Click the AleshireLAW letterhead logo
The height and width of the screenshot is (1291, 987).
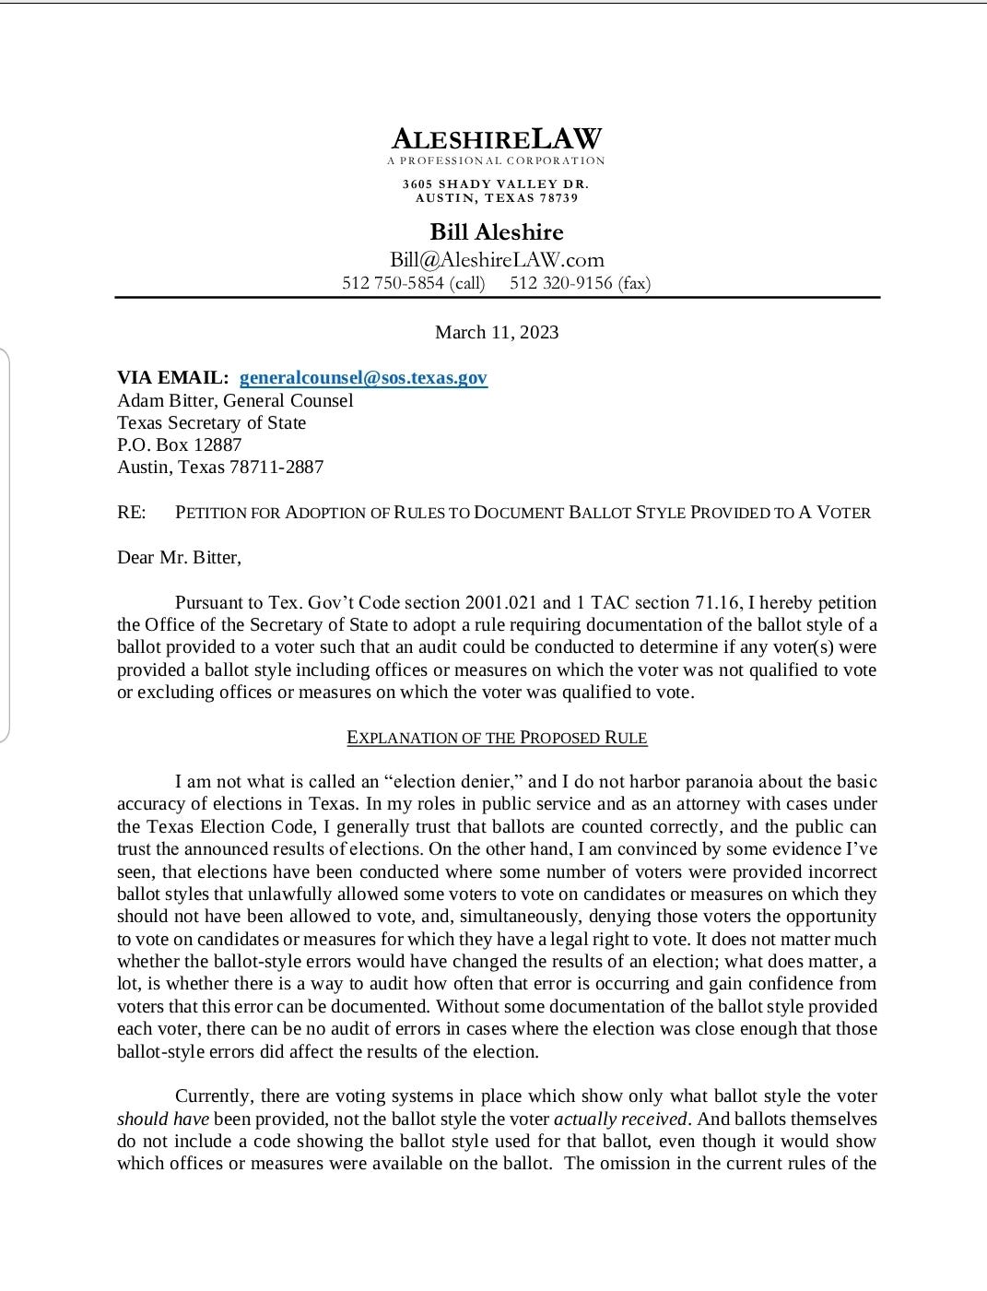496,139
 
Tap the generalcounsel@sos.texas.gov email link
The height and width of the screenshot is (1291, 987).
363,377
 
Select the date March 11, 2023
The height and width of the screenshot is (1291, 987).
497,332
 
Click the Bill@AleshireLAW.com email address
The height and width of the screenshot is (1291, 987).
497,260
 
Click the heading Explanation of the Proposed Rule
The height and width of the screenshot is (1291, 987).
497,738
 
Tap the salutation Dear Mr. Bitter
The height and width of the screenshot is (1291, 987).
179,557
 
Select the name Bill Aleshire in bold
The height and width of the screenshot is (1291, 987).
497,231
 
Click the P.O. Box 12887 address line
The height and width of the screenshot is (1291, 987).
180,444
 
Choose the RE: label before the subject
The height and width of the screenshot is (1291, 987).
132,512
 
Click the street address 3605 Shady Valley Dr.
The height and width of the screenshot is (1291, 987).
496,184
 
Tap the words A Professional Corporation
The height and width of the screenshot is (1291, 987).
496,160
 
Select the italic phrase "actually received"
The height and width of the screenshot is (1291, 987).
620,1119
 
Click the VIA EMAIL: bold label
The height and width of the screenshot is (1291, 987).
173,377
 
